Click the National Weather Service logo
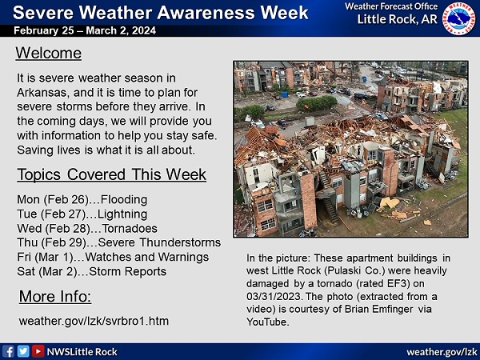[x=459, y=18]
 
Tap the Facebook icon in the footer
[x=8, y=351]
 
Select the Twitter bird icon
[x=23, y=351]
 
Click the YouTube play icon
[x=38, y=351]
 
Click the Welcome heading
[x=49, y=54]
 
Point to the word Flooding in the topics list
[x=124, y=199]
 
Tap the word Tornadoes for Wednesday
[x=130, y=228]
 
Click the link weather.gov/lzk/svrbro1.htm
[x=94, y=321]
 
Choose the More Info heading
[x=55, y=296]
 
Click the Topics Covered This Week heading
[x=112, y=174]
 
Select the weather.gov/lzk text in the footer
[x=442, y=352]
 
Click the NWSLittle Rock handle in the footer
[x=82, y=352]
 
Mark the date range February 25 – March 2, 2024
[x=85, y=30]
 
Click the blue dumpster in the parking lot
[x=286, y=94]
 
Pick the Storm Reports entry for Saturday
[x=128, y=271]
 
